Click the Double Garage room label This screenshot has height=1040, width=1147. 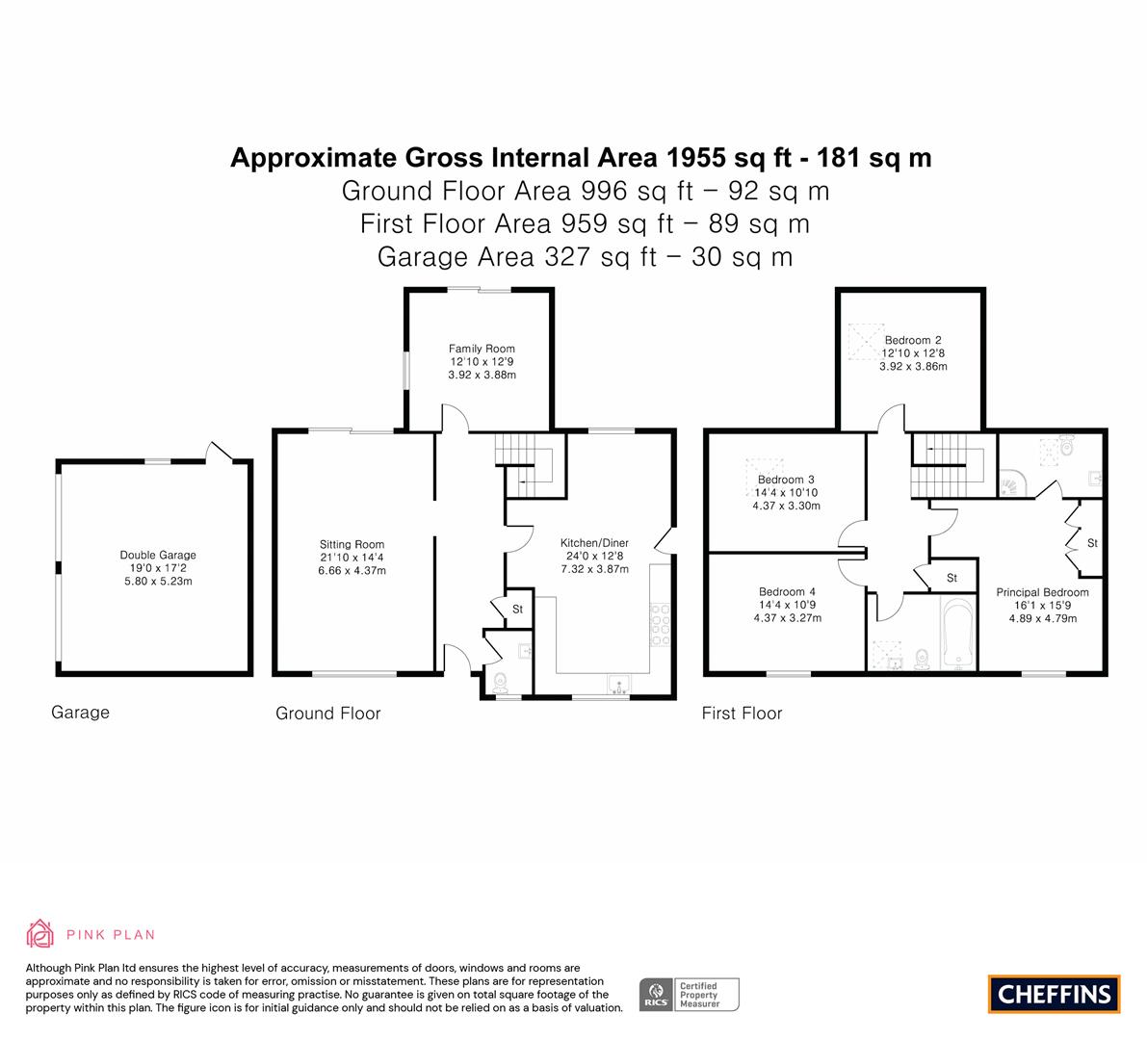[x=158, y=555]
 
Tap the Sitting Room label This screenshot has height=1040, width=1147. [x=352, y=544]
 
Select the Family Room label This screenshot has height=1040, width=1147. [x=482, y=349]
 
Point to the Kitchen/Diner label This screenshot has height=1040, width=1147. [x=595, y=543]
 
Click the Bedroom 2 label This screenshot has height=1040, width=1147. [x=913, y=340]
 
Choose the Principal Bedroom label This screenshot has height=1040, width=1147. [x=1042, y=592]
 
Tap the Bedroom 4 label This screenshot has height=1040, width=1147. [x=787, y=591]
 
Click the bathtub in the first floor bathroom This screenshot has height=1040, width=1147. [x=959, y=634]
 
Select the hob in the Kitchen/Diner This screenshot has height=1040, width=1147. [x=660, y=625]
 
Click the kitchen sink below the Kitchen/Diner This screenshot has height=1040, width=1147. [x=619, y=685]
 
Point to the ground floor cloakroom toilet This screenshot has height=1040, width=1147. [x=501, y=684]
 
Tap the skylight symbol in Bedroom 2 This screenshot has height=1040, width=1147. [x=866, y=342]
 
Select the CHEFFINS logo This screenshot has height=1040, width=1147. [x=1055, y=994]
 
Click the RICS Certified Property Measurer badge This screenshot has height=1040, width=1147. [x=690, y=995]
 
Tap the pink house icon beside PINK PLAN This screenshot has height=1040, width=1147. [x=40, y=934]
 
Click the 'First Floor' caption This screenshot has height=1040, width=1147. [x=742, y=714]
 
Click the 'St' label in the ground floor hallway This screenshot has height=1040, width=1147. [x=518, y=610]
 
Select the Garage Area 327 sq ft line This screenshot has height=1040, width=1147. [x=586, y=257]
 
